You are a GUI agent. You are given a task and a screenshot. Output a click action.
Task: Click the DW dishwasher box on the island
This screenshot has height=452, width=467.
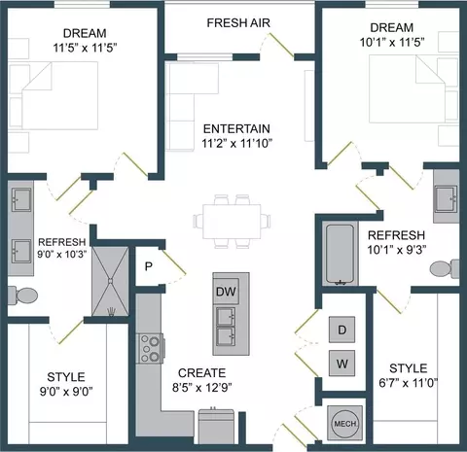tap(226, 292)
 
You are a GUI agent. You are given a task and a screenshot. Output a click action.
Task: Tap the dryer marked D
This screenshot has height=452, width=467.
tap(341, 330)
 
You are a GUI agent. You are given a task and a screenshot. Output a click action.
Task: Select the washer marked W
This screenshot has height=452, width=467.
tap(341, 364)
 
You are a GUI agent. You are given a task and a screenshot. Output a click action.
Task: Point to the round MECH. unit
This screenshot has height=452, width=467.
tap(344, 423)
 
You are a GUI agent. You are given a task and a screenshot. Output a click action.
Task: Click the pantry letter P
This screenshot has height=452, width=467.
tap(149, 266)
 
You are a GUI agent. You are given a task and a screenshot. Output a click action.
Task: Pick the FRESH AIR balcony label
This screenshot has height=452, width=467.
tap(238, 22)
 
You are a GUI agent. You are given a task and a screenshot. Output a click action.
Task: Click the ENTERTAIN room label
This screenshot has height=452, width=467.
tap(236, 128)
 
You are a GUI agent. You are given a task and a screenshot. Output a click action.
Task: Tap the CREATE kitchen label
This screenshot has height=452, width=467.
tap(201, 373)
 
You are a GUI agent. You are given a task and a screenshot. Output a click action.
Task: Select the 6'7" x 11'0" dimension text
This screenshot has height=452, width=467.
tap(409, 383)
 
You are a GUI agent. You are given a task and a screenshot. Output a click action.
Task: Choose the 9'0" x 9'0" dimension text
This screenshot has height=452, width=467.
tap(66, 392)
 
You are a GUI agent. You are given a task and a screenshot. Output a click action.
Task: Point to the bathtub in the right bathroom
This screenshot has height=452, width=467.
tap(340, 255)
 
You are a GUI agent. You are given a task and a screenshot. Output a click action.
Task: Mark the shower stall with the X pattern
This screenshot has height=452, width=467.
tap(110, 281)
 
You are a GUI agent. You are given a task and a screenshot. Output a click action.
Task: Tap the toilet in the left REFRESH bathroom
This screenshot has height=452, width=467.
tap(23, 296)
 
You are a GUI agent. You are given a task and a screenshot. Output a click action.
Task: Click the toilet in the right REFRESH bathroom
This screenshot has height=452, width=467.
tap(445, 268)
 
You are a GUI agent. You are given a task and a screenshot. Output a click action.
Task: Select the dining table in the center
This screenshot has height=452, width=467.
tap(232, 221)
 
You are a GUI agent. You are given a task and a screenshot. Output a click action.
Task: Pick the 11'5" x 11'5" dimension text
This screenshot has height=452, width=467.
tap(85, 48)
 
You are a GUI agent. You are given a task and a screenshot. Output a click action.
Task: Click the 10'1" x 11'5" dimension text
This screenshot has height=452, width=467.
tap(392, 42)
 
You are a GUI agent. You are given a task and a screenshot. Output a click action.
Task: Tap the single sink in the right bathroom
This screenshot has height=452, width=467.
tap(447, 199)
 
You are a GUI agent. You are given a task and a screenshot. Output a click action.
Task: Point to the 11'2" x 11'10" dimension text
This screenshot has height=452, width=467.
tap(236, 143)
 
